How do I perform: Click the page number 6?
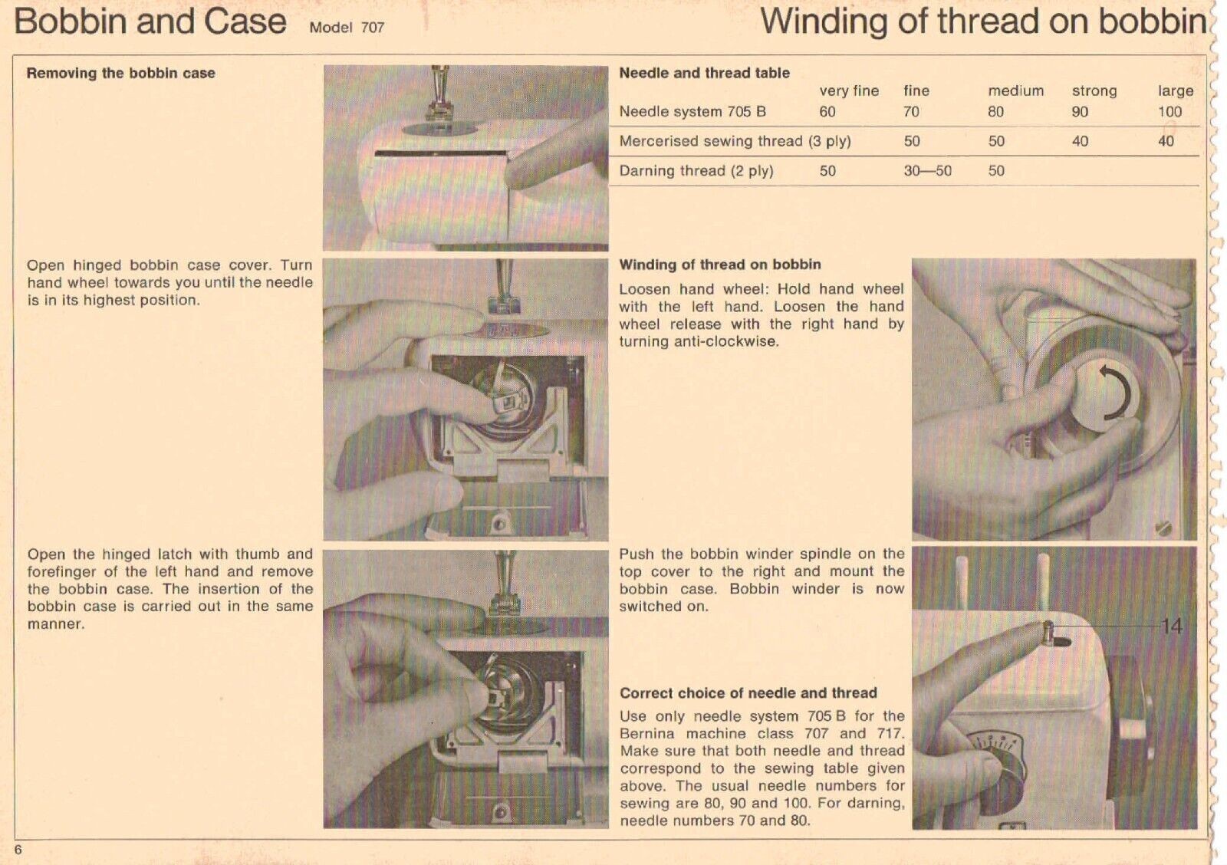(x=18, y=849)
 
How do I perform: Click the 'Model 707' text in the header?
(x=347, y=28)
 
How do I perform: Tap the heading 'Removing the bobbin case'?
(x=120, y=74)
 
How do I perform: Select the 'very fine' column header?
(x=849, y=90)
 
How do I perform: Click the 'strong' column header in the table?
(x=1094, y=90)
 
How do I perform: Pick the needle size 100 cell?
(x=1169, y=112)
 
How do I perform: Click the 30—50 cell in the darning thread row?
(x=927, y=171)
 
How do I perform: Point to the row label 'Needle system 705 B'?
(x=692, y=112)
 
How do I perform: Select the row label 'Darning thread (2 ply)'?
(x=696, y=171)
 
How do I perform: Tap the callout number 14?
(x=1171, y=627)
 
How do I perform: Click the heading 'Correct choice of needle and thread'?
(x=748, y=693)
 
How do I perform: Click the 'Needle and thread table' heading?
(x=704, y=74)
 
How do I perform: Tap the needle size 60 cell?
(x=827, y=112)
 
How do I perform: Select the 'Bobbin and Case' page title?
(x=150, y=21)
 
